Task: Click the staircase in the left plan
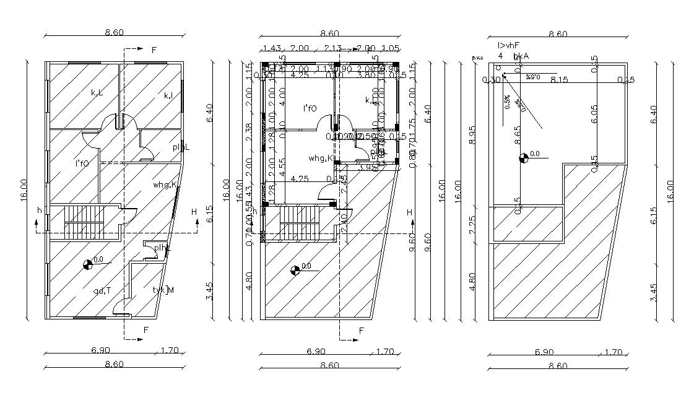tap(84, 222)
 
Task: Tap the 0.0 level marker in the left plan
tap(88, 264)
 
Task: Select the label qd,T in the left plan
tap(102, 290)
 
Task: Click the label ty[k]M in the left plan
tap(163, 290)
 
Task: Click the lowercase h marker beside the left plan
tap(40, 211)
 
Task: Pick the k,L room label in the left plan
tap(97, 93)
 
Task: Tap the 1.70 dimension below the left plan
tap(168, 350)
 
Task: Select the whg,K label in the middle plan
tap(321, 158)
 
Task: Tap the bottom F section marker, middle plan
tap(361, 331)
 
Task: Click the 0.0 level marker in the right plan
tap(524, 158)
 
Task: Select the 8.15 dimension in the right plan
tap(559, 80)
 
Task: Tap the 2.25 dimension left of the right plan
tap(472, 224)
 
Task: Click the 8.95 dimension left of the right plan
tap(472, 134)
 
